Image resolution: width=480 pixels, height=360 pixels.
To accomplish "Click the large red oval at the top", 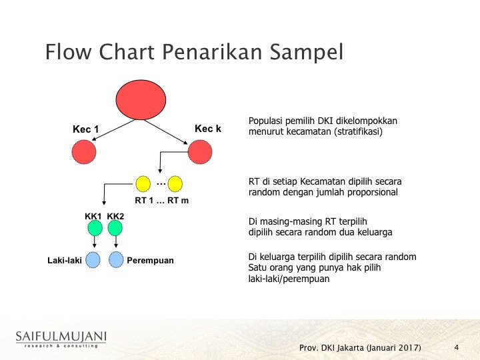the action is [x=141, y=100].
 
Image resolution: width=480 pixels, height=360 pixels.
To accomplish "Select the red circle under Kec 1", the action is [x=84, y=152].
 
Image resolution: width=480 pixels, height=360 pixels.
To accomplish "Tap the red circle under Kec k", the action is [x=200, y=152].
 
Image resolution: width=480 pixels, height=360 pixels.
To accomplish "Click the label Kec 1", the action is [x=86, y=129].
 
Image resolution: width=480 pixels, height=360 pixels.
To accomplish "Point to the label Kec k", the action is [x=208, y=129].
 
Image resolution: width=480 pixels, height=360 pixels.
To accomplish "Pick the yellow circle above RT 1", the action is [x=143, y=184].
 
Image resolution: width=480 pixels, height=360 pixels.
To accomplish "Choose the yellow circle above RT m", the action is [x=175, y=184].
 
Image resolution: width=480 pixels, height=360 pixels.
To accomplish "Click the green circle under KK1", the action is [x=95, y=228].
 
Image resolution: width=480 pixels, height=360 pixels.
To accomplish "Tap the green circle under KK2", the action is [x=115, y=228].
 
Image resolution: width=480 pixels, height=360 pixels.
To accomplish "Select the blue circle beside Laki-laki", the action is [x=93, y=260].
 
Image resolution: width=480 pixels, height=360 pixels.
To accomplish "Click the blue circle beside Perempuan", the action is [x=116, y=259].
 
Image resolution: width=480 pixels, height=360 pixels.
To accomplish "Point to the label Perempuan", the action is [x=150, y=261].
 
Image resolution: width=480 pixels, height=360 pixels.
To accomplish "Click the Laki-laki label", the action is [x=65, y=261].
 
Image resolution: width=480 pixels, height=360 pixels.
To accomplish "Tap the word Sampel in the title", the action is [x=307, y=52].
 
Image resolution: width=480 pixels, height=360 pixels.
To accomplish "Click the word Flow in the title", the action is [x=68, y=51].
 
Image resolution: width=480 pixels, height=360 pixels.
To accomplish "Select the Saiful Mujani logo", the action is [x=61, y=339].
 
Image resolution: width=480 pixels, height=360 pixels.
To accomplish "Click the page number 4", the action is [x=457, y=347].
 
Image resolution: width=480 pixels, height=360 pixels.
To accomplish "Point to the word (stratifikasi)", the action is [x=358, y=131].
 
